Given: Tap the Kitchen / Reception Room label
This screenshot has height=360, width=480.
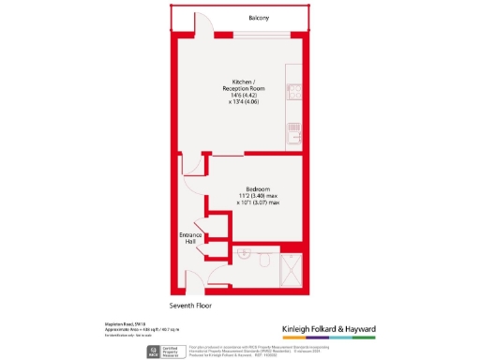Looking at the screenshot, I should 243,83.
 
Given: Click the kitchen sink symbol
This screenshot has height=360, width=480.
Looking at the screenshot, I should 295,135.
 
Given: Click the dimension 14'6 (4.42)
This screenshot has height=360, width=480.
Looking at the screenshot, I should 243,95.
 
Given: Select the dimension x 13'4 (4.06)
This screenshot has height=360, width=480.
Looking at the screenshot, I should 243,102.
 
